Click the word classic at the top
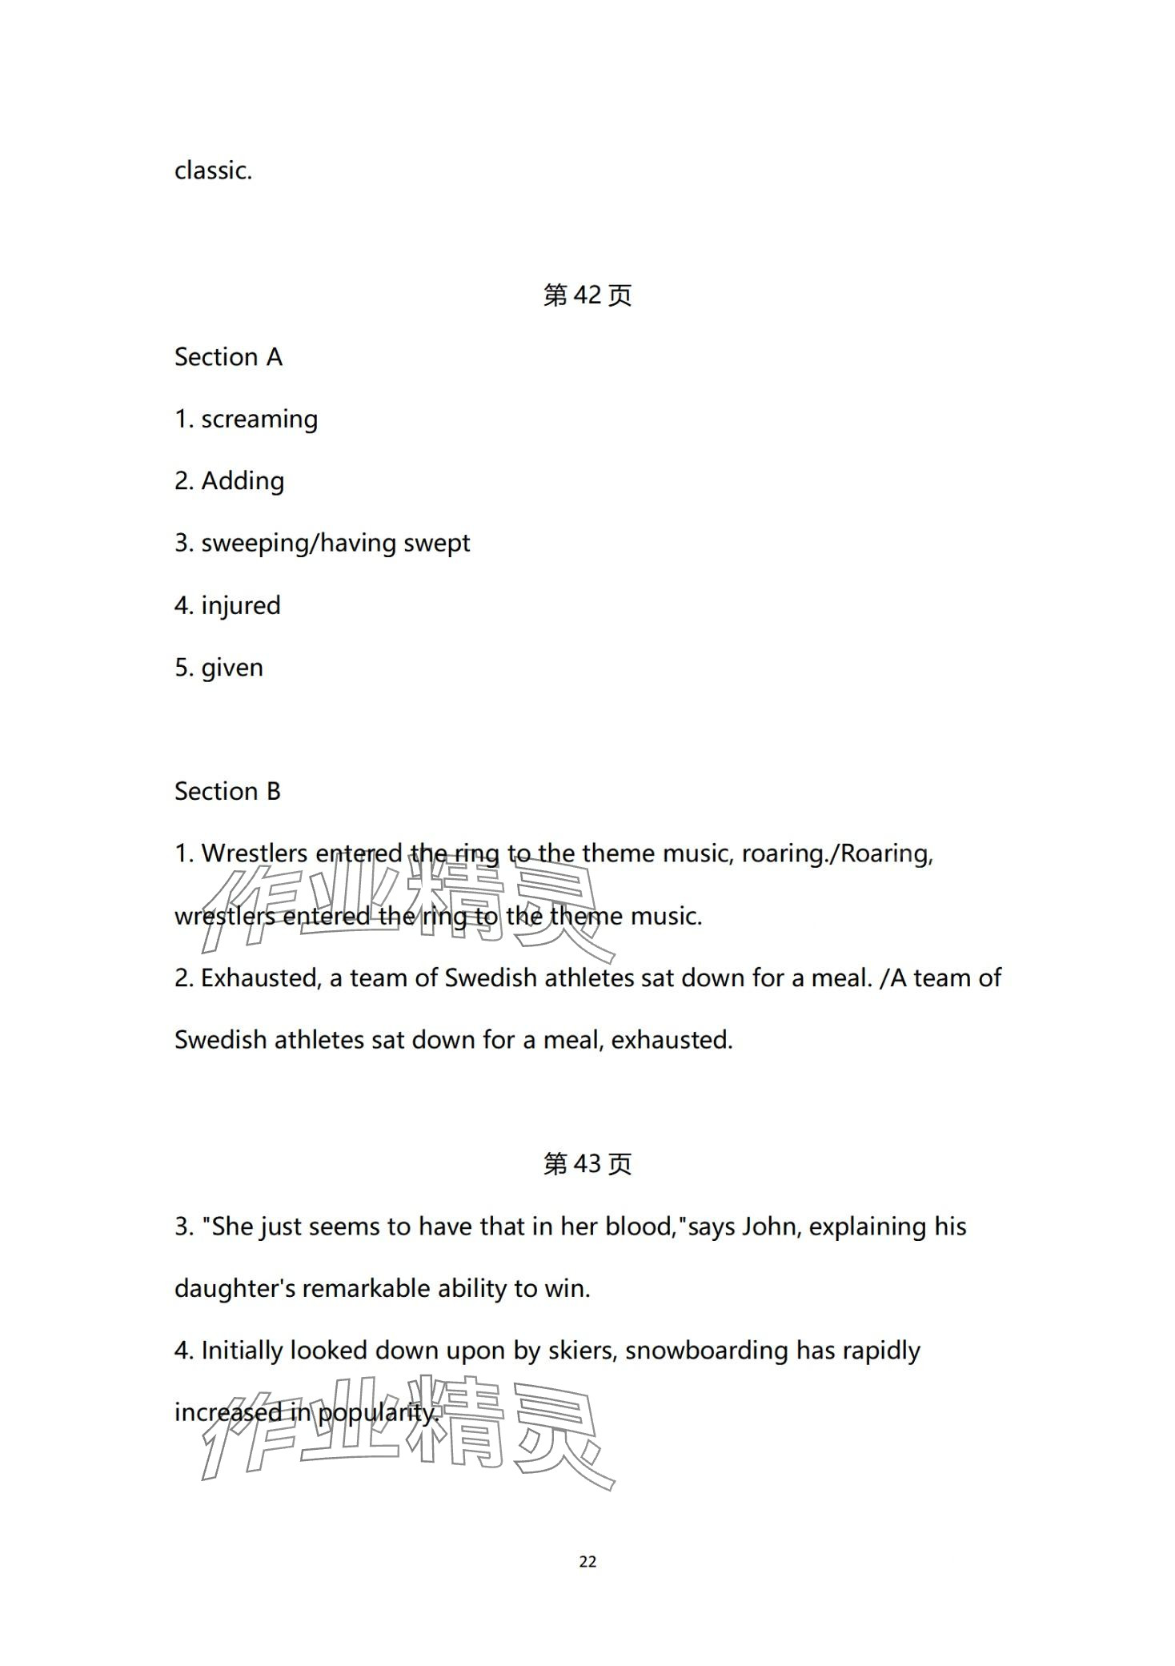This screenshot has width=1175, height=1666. coord(212,171)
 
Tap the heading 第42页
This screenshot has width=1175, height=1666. coord(587,295)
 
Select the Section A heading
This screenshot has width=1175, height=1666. coord(228,357)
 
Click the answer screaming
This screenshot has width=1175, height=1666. coord(259,420)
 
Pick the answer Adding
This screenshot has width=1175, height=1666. coord(243,481)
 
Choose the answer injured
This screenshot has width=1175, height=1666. coord(241,606)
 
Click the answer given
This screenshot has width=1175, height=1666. coord(232,668)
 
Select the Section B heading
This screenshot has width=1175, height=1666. coord(227,792)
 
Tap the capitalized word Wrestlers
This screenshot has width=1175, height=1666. coord(254,853)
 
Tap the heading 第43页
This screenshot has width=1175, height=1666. coord(587,1164)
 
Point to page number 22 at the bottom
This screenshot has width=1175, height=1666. coord(587,1562)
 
